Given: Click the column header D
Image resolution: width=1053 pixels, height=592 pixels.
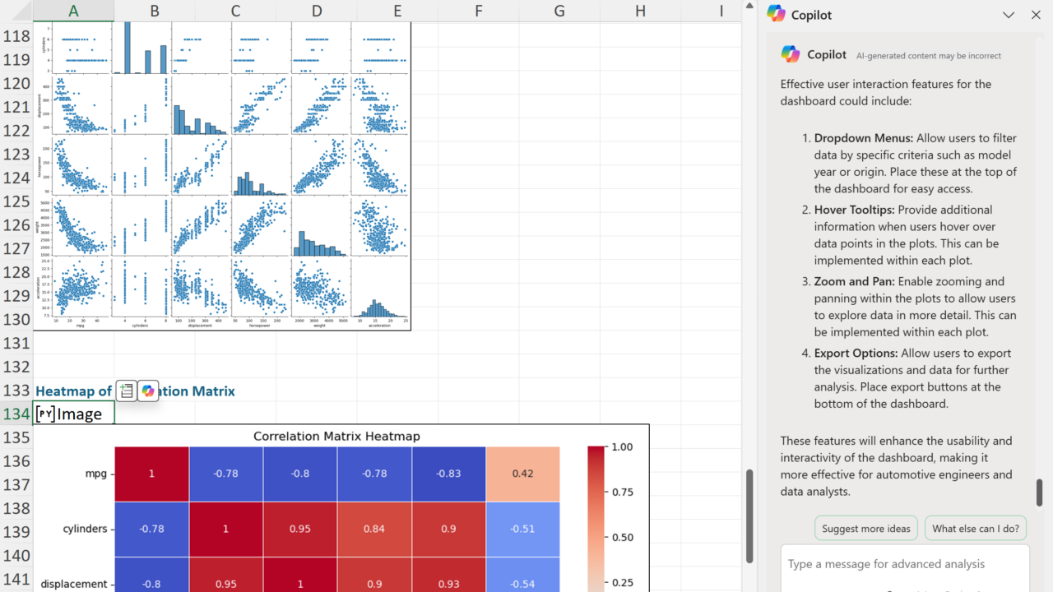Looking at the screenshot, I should coord(317,11).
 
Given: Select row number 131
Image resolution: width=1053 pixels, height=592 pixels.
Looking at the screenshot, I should coord(16,343).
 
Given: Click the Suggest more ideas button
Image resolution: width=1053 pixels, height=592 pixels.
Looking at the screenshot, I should coord(865,529).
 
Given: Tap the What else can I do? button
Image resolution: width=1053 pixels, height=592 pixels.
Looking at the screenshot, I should coord(975,529).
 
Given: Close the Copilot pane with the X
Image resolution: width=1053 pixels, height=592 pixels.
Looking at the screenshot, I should coord(1036,15).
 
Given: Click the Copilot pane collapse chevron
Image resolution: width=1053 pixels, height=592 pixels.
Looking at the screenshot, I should coord(1009,15).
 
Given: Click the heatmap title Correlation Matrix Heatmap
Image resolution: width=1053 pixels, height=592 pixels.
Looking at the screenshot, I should coord(336,436).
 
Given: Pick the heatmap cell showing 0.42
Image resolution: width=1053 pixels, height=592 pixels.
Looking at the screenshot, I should coord(522,474).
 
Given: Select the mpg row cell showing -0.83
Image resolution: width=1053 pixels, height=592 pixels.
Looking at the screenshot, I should coord(448,474).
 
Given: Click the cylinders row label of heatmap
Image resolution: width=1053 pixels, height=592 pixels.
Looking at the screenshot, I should coord(86,529).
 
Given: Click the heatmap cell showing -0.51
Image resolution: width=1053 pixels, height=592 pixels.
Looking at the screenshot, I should coord(522,529).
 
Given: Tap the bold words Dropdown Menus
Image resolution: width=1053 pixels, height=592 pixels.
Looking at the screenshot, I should coord(863,138).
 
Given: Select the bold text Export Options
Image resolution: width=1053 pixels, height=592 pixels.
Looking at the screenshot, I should coord(856,353).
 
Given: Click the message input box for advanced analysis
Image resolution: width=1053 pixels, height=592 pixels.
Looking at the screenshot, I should coord(904,564).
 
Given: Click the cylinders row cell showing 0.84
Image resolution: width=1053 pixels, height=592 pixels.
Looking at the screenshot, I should coord(374,529).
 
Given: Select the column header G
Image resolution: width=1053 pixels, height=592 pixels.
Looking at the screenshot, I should coord(559,11).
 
